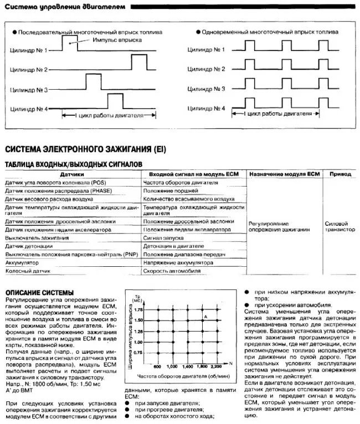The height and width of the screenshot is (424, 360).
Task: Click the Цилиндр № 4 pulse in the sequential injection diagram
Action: click(115, 102)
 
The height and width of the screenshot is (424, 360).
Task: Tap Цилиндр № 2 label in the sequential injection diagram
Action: click(28, 70)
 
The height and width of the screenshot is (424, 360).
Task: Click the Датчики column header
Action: click(71, 174)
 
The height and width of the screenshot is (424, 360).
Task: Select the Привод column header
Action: click(340, 174)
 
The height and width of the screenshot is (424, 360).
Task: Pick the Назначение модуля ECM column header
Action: click(285, 174)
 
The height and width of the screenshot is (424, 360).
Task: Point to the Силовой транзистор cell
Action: click(340, 227)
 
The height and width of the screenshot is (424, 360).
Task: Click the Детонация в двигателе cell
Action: click(173, 246)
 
